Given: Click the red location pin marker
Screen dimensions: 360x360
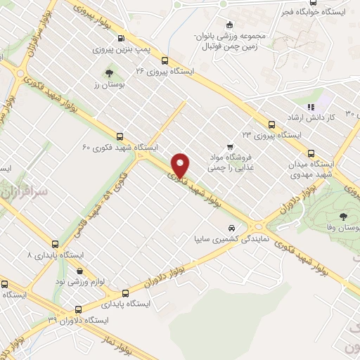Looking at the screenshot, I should point(181,165).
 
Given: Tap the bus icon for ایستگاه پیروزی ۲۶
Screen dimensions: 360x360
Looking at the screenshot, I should point(165,60).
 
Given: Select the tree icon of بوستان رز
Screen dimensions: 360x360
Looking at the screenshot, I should point(108,72).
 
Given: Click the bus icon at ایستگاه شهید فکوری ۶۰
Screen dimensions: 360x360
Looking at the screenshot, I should point(120,137).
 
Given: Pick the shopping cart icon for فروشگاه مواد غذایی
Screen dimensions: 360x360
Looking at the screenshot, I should point(231,146).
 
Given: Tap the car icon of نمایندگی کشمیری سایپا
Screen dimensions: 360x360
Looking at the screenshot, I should point(232,228).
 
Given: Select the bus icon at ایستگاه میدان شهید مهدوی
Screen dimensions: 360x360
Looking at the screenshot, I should point(311,153).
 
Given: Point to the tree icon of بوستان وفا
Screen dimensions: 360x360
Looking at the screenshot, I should point(344,217).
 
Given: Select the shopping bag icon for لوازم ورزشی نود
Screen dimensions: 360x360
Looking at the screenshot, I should point(79,271).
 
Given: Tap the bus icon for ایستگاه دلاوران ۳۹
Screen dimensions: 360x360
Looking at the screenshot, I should point(78,309).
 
